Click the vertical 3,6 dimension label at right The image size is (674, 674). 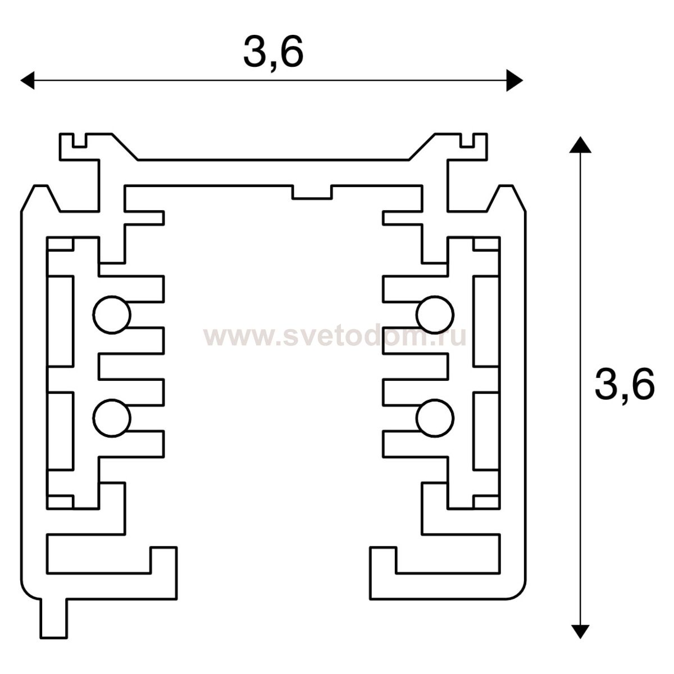click(625, 385)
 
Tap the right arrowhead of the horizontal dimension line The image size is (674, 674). click(514, 80)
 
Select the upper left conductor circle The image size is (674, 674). click(112, 315)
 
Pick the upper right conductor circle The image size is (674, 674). click(435, 315)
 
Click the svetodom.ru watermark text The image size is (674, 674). click(335, 337)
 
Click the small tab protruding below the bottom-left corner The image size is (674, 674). click(53, 618)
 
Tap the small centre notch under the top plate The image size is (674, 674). click(312, 192)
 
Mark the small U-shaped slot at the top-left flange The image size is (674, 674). click(80, 140)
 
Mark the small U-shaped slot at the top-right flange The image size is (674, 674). click(467, 140)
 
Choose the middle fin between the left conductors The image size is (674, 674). click(132, 366)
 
